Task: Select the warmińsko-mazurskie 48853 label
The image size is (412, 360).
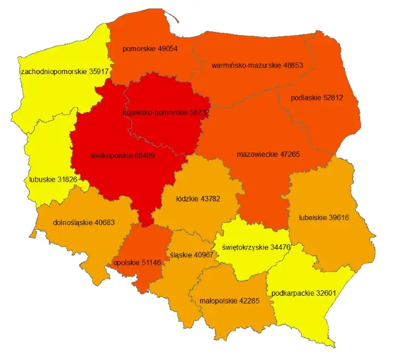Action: pyautogui.click(x=257, y=65)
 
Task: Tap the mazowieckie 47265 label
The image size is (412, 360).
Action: pyautogui.click(x=268, y=155)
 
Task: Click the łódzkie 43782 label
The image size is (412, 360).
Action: pyautogui.click(x=197, y=199)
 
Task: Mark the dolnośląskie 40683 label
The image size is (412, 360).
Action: pyautogui.click(x=85, y=223)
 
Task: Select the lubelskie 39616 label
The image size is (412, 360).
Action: pyautogui.click(x=324, y=217)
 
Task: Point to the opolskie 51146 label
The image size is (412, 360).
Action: pyautogui.click(x=137, y=262)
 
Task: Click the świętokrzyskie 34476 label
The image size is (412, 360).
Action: pyautogui.click(x=257, y=247)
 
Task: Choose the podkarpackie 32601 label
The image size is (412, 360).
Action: pyautogui.click(x=303, y=293)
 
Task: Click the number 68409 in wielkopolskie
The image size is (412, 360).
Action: pyautogui.click(x=142, y=155)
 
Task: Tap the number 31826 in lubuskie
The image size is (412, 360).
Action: pyautogui.click(x=68, y=179)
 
